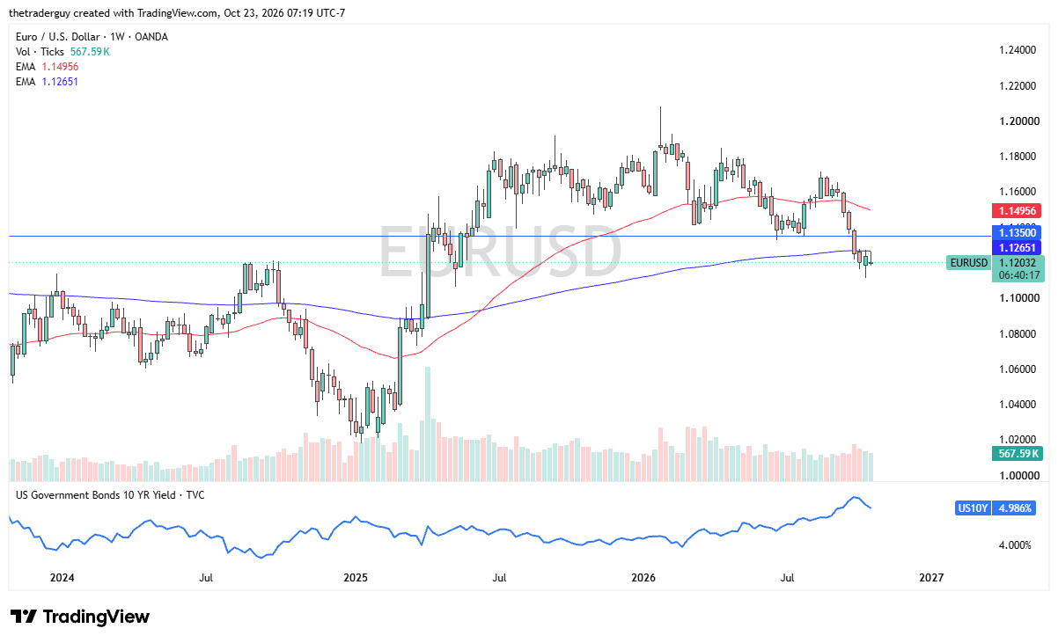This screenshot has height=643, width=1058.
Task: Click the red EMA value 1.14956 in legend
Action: tap(60, 67)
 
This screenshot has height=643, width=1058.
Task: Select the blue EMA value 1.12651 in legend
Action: tap(60, 82)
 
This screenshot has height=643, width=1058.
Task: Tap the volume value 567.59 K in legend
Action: tap(90, 52)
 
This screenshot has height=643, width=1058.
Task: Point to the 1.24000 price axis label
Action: tap(1018, 50)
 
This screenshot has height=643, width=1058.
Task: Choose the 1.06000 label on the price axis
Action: tap(1018, 369)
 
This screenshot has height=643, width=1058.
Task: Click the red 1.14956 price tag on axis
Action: tap(1016, 210)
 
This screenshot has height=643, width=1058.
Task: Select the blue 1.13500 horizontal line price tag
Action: tap(1016, 233)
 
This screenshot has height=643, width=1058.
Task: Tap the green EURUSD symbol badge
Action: tap(969, 263)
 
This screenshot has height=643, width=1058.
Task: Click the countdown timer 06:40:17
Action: tap(1018, 275)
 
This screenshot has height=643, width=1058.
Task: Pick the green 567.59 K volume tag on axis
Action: tap(1018, 454)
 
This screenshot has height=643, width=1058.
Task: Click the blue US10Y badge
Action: tap(973, 508)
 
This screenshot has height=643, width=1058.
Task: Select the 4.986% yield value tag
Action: tap(1014, 508)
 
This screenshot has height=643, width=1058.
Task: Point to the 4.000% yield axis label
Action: tap(1015, 545)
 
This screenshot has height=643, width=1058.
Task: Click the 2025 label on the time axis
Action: tap(356, 578)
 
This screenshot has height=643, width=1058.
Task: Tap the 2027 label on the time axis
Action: tap(931, 578)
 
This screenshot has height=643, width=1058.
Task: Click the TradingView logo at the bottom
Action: tap(80, 617)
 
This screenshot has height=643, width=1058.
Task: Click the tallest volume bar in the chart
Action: tap(428, 424)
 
